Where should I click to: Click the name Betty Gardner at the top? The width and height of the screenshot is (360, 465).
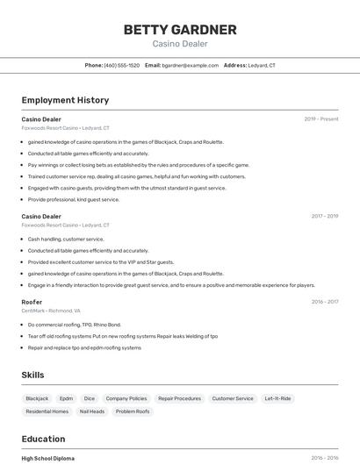pyautogui.click(x=180, y=30)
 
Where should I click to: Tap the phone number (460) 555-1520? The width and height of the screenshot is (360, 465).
pyautogui.click(x=122, y=66)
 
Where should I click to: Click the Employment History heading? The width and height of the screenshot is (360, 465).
pyautogui.click(x=65, y=100)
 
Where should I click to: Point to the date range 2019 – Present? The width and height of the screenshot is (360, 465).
pyautogui.click(x=321, y=118)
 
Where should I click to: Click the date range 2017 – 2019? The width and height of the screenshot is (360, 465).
pyautogui.click(x=325, y=216)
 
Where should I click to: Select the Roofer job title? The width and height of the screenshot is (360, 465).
pyautogui.click(x=32, y=302)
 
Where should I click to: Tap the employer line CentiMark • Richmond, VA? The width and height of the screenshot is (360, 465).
pyautogui.click(x=51, y=311)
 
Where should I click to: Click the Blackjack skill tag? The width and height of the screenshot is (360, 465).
pyautogui.click(x=37, y=398)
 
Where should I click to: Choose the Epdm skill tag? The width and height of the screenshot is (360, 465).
pyautogui.click(x=67, y=398)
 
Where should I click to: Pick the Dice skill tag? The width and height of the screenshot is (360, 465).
pyautogui.click(x=90, y=398)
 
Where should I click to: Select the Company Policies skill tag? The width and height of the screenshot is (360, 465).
pyautogui.click(x=126, y=398)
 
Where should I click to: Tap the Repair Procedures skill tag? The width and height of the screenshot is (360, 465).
pyautogui.click(x=179, y=398)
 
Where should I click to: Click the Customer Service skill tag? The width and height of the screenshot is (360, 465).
pyautogui.click(x=233, y=398)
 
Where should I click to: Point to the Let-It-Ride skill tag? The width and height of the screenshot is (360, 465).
pyautogui.click(x=278, y=398)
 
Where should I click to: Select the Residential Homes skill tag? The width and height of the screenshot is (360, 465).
pyautogui.click(x=47, y=411)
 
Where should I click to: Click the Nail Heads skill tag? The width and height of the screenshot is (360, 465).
pyautogui.click(x=92, y=411)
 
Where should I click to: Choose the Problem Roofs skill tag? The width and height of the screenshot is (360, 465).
pyautogui.click(x=133, y=411)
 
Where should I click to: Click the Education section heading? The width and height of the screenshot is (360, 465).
pyautogui.click(x=44, y=439)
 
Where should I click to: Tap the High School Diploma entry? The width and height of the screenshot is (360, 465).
pyautogui.click(x=48, y=458)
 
